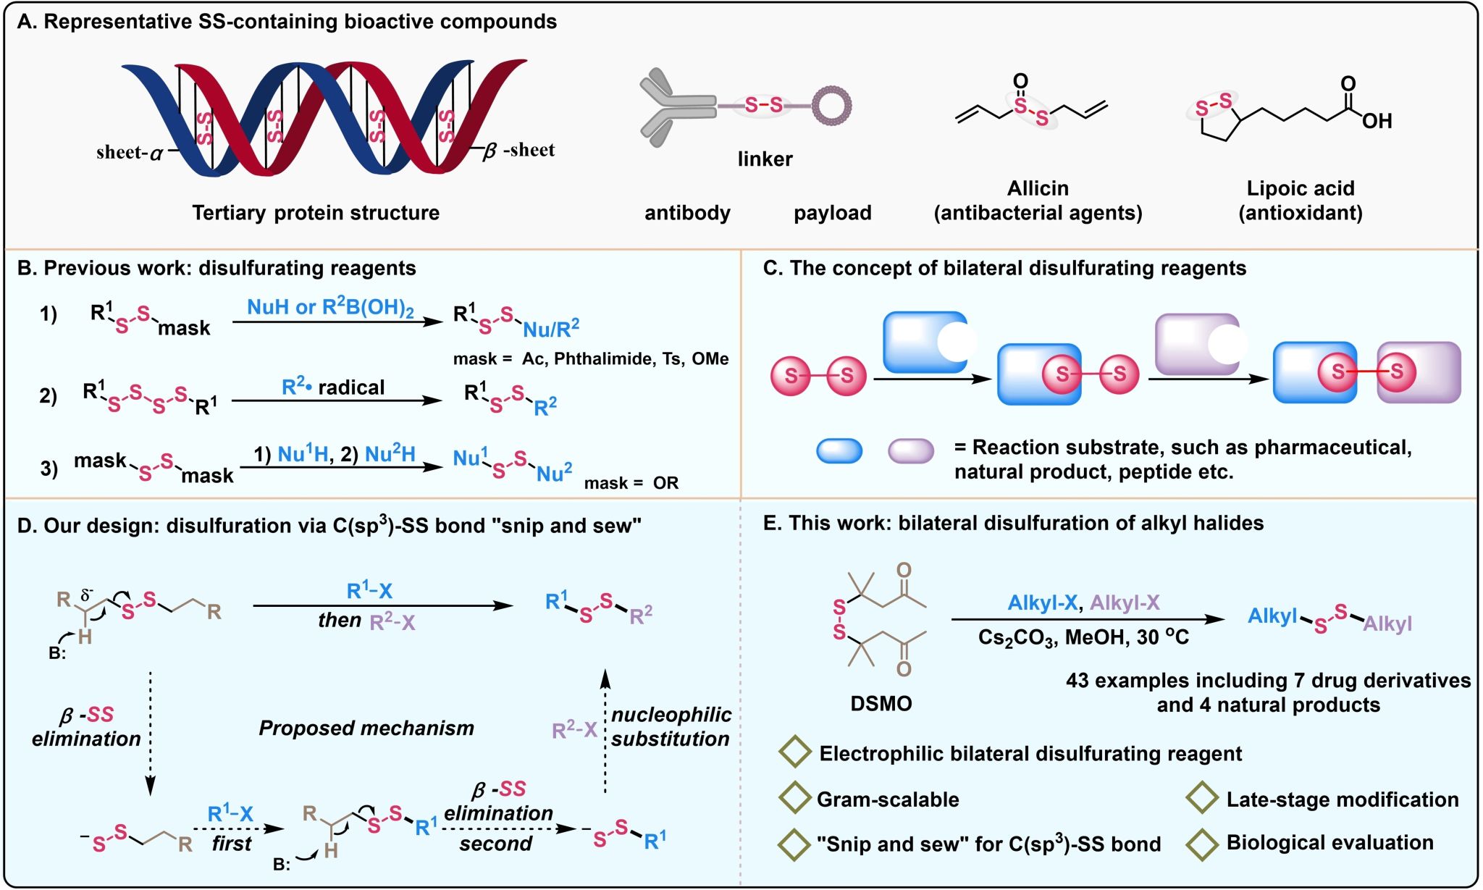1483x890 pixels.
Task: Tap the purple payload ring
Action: (831, 106)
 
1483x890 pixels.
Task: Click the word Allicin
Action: (1038, 188)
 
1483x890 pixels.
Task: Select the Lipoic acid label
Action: (1300, 188)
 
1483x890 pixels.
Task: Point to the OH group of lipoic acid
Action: (1377, 121)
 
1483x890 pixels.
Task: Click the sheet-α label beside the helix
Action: (130, 153)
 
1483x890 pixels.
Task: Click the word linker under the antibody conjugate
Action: (765, 159)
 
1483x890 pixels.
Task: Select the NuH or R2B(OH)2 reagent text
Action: (330, 308)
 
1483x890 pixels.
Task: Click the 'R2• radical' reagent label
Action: (333, 388)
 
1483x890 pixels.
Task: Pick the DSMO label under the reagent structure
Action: (881, 703)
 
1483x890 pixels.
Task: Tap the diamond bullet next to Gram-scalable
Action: (794, 797)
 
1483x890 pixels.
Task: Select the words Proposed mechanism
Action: (366, 729)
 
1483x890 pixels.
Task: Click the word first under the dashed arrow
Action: (231, 844)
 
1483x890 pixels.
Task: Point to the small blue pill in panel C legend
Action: (839, 450)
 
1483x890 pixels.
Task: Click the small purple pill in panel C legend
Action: (910, 450)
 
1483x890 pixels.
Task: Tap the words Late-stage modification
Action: (1342, 799)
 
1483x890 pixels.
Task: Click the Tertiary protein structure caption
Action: (316, 213)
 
